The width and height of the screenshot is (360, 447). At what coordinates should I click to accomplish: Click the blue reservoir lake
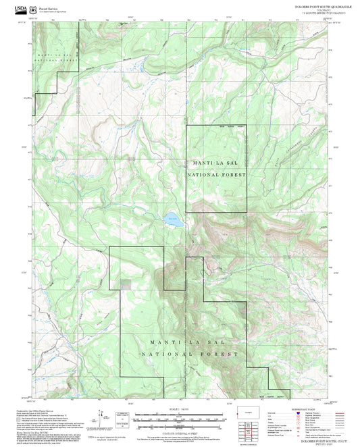click(173, 218)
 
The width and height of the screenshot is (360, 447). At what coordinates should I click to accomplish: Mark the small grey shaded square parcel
click(126, 282)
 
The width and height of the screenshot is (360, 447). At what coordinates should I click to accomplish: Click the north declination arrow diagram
click(106, 418)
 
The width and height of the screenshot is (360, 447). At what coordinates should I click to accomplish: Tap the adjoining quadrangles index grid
click(247, 429)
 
